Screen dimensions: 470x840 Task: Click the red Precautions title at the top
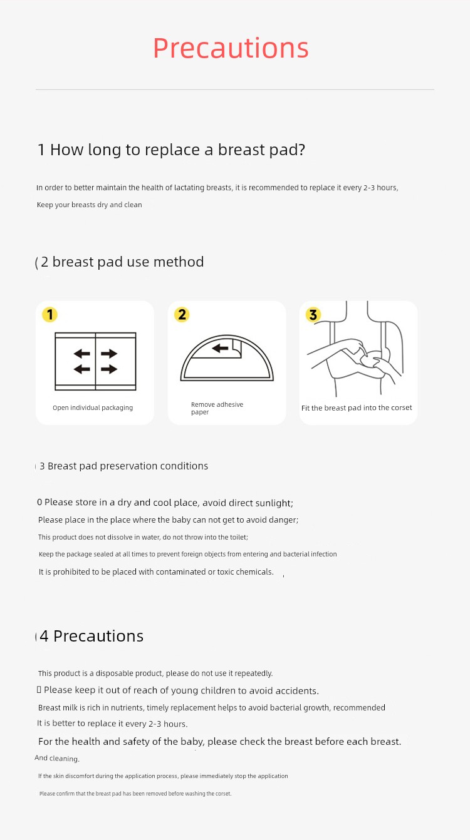(x=231, y=48)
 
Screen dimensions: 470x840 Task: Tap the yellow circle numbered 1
(x=50, y=315)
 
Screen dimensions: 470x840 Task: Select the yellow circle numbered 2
(x=182, y=315)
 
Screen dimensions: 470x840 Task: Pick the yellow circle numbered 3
(x=313, y=315)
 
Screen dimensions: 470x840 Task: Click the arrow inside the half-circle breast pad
(x=221, y=349)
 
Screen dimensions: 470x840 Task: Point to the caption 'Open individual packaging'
(x=93, y=407)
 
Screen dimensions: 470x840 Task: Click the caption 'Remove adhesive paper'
(x=217, y=408)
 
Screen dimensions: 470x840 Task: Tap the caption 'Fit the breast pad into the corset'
(x=357, y=407)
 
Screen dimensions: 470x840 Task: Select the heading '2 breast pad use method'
(x=122, y=262)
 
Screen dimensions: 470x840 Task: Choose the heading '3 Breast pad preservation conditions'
(x=123, y=466)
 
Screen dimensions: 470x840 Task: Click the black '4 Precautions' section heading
(x=91, y=636)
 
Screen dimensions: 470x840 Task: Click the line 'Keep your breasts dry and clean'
(x=90, y=205)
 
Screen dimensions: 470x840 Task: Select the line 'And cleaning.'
(x=57, y=758)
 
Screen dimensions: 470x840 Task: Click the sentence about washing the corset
(x=135, y=794)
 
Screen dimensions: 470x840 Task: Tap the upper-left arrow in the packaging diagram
(x=82, y=353)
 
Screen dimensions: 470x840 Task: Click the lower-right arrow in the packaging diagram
(x=109, y=369)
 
